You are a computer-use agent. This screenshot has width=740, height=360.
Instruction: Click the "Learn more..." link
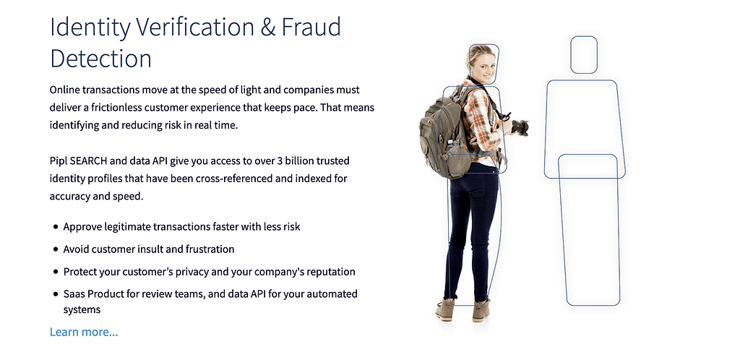[x=84, y=332]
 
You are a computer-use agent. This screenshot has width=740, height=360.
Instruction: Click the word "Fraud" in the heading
[x=311, y=27]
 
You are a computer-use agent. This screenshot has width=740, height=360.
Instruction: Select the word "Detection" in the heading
[x=100, y=59]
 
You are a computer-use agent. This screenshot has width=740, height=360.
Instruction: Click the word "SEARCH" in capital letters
[x=90, y=161]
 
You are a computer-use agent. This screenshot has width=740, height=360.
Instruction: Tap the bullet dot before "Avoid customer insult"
[x=56, y=249]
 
